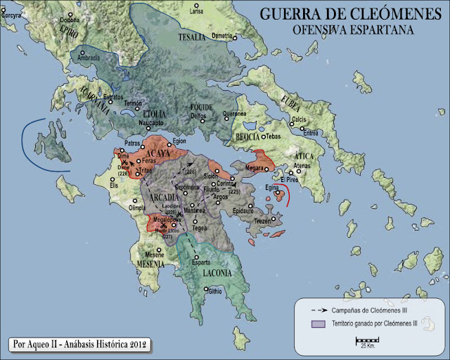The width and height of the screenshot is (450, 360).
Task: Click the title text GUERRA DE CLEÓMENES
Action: coord(352,14)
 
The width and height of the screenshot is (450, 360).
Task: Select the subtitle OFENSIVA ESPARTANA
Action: coord(352,31)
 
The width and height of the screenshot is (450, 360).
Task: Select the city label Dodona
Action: coord(70,20)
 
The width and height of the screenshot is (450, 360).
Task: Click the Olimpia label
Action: coord(136,209)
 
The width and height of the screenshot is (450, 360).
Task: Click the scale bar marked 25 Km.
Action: coord(366,341)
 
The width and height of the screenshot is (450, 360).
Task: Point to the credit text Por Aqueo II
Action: coord(80,345)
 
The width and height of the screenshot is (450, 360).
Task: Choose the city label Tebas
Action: coord(274,136)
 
